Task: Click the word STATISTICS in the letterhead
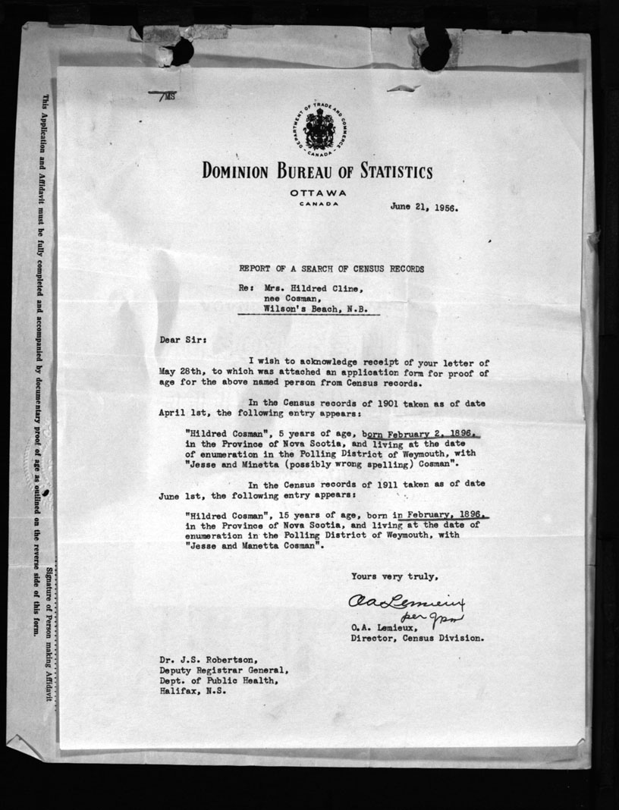point(386,171)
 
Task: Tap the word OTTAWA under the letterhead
point(316,193)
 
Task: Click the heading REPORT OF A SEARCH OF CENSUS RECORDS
point(331,269)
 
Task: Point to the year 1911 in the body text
point(379,484)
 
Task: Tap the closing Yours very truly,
point(394,576)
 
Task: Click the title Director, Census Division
point(416,639)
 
